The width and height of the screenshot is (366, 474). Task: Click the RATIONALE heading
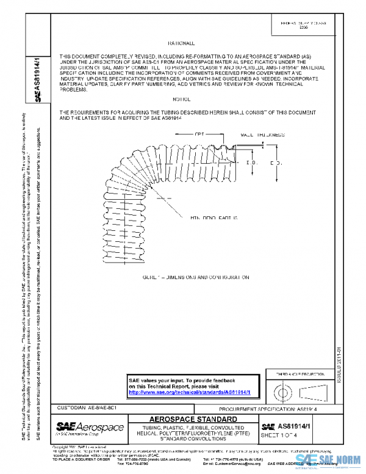pyautogui.click(x=181, y=44)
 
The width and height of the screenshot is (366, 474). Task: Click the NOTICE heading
pyautogui.click(x=181, y=99)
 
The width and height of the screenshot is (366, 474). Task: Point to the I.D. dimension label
pyautogui.click(x=251, y=164)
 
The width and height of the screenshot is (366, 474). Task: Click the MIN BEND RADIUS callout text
pyautogui.click(x=213, y=217)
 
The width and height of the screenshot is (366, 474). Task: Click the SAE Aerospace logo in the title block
pyautogui.click(x=90, y=428)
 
